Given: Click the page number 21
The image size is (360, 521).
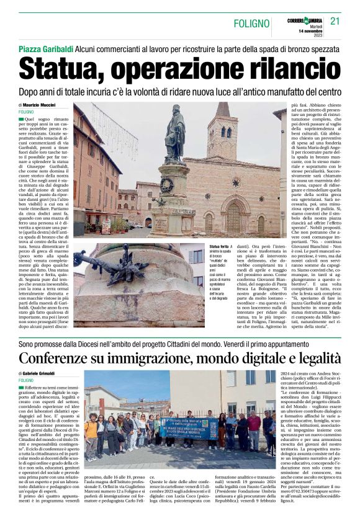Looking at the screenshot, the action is coord(335,22).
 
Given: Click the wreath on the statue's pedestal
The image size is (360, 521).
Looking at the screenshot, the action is coord(166,184).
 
